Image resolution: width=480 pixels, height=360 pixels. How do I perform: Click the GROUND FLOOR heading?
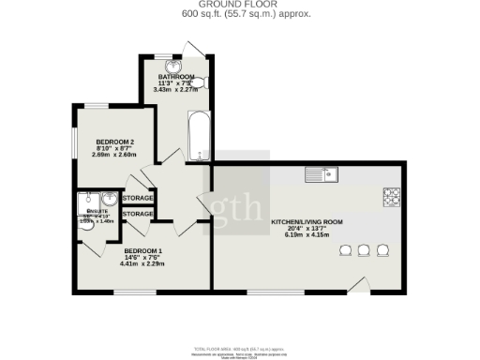[241, 5]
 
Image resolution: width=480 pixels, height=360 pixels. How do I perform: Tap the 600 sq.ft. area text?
[241, 14]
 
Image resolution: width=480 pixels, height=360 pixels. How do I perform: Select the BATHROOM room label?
[176, 76]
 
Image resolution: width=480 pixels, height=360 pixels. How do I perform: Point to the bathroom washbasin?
[172, 65]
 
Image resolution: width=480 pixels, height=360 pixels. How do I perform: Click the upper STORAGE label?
[138, 199]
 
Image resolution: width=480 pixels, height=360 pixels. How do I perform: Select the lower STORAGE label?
[138, 215]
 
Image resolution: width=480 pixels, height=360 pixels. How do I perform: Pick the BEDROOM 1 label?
[143, 251]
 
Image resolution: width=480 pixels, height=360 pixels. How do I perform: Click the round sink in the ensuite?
[109, 199]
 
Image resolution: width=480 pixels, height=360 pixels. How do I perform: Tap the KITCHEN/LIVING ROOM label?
[307, 222]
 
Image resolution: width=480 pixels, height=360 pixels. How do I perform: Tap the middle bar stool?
[363, 249]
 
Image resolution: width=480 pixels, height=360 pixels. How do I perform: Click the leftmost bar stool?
[343, 249]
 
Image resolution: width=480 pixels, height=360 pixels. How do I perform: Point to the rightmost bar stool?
[382, 249]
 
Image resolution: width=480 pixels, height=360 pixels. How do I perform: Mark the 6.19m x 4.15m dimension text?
[307, 236]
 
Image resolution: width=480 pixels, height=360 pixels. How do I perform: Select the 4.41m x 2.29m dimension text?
[143, 264]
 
